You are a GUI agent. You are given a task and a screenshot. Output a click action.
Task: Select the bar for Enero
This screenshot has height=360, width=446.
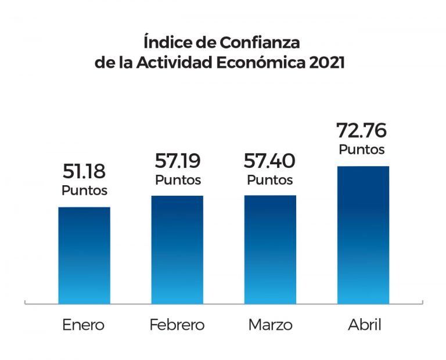tap(84, 255)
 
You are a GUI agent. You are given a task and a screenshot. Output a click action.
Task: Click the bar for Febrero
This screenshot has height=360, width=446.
tap(177, 249)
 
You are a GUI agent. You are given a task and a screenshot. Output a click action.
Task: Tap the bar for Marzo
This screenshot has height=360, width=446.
tap(270, 249)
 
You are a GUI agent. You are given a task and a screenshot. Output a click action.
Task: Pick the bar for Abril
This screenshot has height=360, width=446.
tap(363, 235)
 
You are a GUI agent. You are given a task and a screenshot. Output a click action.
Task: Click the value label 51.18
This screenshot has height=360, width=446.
tap(85, 172)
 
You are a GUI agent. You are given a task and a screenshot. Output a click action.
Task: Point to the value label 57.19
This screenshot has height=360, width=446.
tap(178, 161)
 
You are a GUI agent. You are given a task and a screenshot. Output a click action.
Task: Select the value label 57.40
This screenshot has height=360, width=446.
tap(270, 161)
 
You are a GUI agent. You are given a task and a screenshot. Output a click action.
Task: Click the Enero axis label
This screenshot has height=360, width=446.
tap(84, 325)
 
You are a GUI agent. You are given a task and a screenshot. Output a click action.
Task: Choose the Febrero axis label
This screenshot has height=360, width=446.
tap(177, 325)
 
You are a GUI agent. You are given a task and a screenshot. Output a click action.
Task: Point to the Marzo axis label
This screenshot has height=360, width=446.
tap(270, 325)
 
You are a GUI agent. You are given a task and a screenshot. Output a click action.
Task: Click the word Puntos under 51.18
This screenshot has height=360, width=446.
tap(85, 190)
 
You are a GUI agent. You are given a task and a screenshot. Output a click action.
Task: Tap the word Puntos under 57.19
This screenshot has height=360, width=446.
tap(178, 180)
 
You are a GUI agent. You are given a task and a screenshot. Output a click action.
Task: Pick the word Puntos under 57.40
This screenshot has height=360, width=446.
tap(270, 180)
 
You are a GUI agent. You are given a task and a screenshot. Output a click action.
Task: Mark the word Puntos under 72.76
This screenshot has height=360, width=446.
tap(362, 150)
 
